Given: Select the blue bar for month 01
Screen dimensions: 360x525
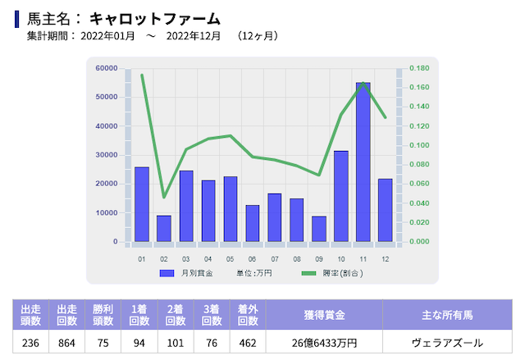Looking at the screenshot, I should pos(142,204).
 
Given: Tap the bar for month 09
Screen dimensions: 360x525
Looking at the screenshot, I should pos(319,229).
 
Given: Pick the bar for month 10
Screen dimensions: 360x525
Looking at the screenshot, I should pos(340,196).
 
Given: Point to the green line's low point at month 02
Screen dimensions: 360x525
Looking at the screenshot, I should pos(164,198).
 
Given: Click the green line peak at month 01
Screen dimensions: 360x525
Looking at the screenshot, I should pos(142,75).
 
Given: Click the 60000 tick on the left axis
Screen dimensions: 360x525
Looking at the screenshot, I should pos(106,68).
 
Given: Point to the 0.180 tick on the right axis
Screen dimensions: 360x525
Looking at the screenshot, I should pos(419,68).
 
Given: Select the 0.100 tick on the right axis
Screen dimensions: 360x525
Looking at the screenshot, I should pos(419,145).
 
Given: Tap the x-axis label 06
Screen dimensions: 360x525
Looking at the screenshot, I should pos(252,259).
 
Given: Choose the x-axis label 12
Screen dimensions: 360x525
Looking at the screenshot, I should pos(385,259).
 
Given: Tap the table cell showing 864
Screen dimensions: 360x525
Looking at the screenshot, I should pos(67,343).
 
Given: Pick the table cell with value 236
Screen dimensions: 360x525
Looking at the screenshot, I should pos(31,343).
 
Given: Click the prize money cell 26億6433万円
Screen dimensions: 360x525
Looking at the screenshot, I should pos(323,343).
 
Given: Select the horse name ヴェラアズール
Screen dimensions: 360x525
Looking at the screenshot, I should pos(447,343).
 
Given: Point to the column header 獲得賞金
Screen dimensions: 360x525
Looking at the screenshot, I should pos(323,314).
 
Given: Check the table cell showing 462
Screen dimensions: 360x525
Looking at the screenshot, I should pos(247,343).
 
